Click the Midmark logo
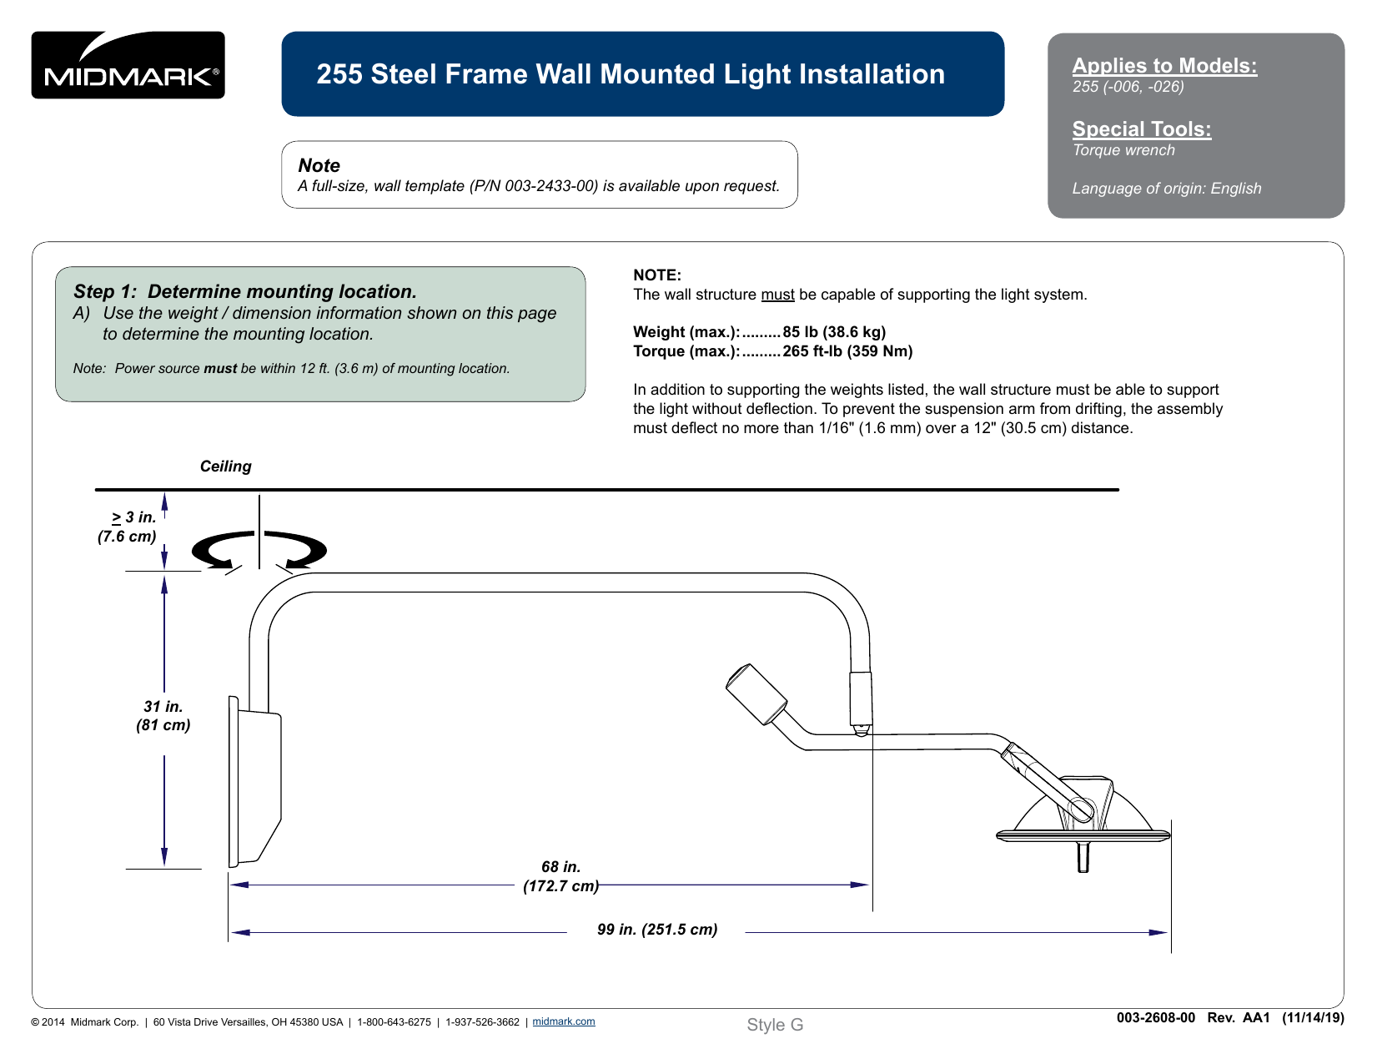pos(128,65)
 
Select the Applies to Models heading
pos(1163,66)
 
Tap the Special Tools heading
pos(1141,129)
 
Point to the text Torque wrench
pos(1123,150)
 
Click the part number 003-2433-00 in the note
pos(551,186)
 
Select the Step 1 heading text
pos(244,291)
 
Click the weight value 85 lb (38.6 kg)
pos(833,332)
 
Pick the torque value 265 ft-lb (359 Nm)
pos(847,351)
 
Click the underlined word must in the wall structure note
pos(776,295)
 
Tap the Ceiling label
pos(225,466)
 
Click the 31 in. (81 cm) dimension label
pos(163,716)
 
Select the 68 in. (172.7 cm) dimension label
pos(560,876)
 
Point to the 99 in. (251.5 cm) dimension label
pos(656,930)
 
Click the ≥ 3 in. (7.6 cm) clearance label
pos(128,527)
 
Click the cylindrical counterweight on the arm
pos(756,693)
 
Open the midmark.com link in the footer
pos(563,1021)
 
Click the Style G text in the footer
pos(774,1025)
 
